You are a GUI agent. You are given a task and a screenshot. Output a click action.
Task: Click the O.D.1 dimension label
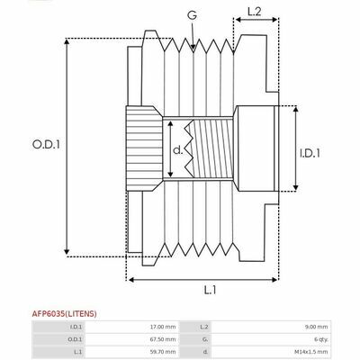[x=46, y=145]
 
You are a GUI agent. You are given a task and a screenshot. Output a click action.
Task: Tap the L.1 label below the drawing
[x=210, y=290]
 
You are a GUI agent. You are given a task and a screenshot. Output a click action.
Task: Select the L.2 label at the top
[x=255, y=12]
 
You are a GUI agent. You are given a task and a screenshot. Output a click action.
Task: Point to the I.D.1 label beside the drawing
[x=310, y=153]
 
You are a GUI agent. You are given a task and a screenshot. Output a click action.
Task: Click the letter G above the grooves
[x=193, y=15]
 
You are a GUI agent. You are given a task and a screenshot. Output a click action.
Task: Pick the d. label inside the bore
[x=178, y=150]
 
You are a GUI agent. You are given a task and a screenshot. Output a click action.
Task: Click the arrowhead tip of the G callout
[x=193, y=49]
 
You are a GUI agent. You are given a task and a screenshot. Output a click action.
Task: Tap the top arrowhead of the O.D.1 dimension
[x=67, y=39]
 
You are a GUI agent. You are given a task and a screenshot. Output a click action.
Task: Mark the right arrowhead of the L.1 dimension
[x=278, y=280]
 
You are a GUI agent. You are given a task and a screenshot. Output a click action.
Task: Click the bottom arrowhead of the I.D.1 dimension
[x=296, y=190]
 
